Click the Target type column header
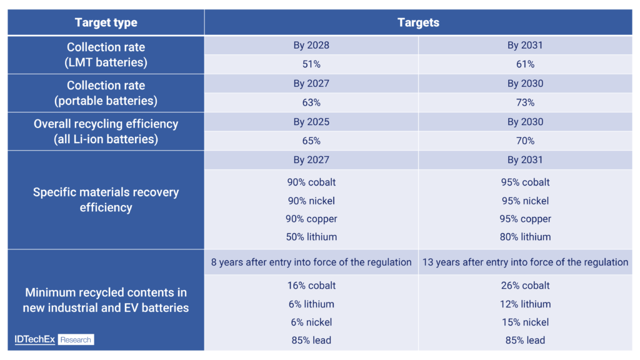106,22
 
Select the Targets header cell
418,22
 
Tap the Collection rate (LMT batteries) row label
106,55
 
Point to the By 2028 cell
311,46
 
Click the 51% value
311,64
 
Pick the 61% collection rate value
525,64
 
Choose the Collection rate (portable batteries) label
106,93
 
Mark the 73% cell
525,102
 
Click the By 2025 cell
311,122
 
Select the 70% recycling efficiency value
525,141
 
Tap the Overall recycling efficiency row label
106,131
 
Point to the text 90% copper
311,219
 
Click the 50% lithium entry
311,237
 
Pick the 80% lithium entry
525,237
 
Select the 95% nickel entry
525,201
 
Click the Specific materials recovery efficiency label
106,199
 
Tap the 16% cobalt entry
311,286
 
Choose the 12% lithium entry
525,304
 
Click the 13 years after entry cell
525,262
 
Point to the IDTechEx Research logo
54,340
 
